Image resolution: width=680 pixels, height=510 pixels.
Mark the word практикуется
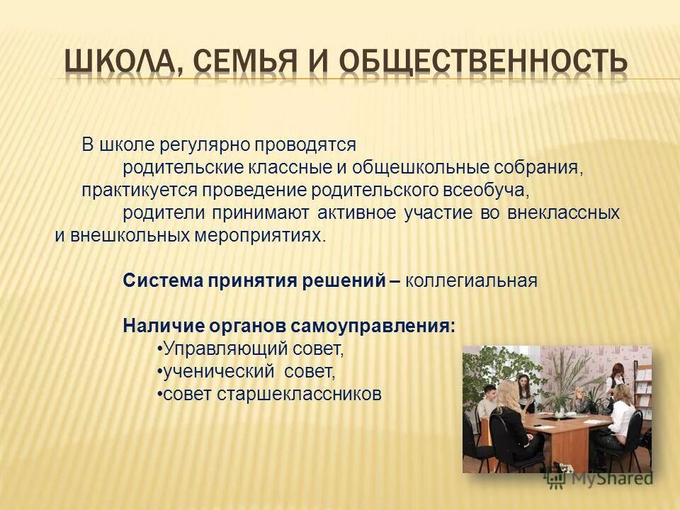pos(140,191)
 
